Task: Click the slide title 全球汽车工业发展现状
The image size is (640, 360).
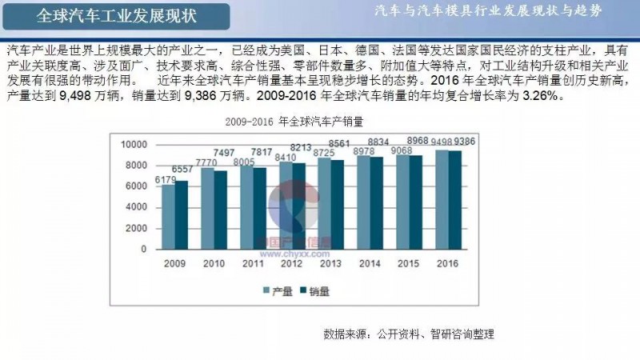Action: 118,15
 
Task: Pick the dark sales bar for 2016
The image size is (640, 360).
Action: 455,199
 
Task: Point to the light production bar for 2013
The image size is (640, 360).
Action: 324,203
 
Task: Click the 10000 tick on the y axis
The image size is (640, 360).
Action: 134,145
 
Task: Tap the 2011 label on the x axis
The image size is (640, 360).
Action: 253,262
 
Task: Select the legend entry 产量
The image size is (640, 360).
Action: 278,291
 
